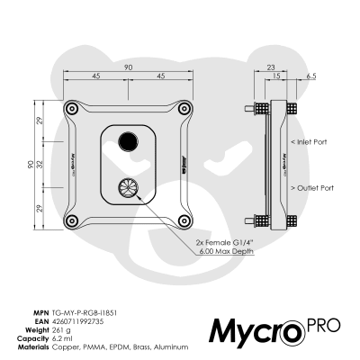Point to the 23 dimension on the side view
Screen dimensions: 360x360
(271, 67)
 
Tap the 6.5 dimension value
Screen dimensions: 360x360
(310, 77)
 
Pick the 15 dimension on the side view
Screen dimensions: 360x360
(275, 77)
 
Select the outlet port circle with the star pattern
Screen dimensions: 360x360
(127, 189)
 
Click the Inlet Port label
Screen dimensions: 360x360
(310, 141)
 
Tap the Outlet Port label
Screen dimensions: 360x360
(312, 188)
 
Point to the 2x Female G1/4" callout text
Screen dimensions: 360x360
(224, 242)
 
